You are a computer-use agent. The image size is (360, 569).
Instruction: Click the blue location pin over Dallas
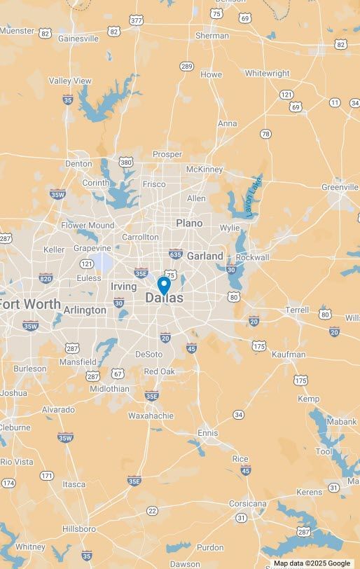click(164, 285)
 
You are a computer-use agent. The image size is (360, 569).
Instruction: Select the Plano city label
click(189, 223)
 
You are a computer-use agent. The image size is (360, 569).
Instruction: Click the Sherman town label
click(212, 35)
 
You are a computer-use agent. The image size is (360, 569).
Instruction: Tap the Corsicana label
click(248, 503)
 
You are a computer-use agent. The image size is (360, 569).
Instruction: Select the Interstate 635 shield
click(175, 254)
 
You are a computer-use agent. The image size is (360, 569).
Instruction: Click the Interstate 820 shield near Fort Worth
click(46, 278)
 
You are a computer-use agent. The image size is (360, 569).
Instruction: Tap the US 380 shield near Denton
click(126, 163)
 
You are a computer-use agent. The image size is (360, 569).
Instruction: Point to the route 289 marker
click(186, 67)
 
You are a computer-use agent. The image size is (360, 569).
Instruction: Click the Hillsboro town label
click(79, 528)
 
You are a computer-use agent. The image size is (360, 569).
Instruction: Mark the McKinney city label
click(205, 169)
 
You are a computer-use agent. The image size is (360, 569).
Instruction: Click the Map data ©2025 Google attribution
click(312, 563)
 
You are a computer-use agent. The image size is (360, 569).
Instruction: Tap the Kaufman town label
click(289, 354)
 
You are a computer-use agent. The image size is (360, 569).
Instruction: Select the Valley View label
click(70, 81)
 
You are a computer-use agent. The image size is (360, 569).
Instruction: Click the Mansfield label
click(78, 362)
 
